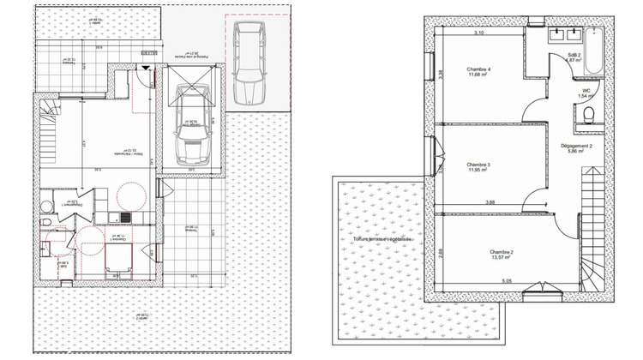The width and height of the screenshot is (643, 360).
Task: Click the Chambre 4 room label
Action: (x=479, y=69)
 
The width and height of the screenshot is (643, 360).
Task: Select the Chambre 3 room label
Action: (x=478, y=164)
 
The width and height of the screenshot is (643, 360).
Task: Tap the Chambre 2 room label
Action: (x=502, y=252)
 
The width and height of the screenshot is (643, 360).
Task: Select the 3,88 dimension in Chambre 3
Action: (x=490, y=202)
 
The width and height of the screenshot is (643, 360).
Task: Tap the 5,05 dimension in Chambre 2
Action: (x=507, y=279)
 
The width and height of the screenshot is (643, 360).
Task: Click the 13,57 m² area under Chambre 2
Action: (x=502, y=259)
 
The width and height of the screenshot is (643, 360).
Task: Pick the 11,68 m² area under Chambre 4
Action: (x=479, y=75)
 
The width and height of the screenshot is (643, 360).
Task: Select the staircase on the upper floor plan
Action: (x=592, y=214)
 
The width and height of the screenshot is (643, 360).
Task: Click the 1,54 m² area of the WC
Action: (x=586, y=97)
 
